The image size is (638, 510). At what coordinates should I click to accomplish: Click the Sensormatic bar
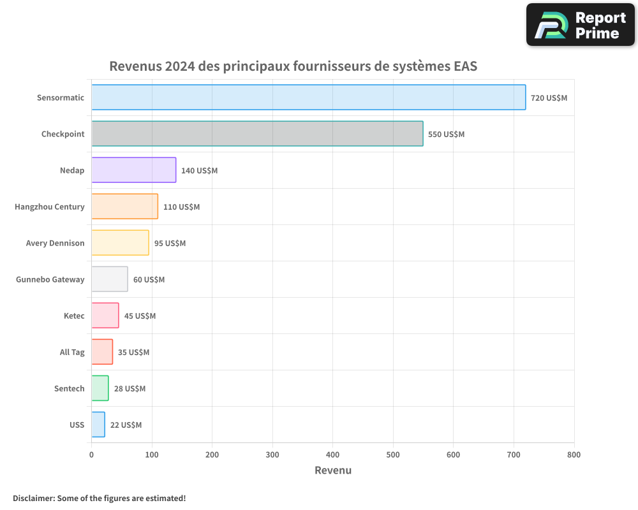click(308, 98)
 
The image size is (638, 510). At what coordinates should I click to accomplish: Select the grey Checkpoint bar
click(257, 134)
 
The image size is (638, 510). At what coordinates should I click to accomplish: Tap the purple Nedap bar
click(133, 170)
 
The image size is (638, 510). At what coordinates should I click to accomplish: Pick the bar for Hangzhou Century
click(124, 207)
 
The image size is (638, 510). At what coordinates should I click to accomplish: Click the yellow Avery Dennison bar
click(120, 243)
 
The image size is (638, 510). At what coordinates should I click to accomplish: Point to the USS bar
click(98, 425)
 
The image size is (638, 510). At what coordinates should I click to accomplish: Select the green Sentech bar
click(100, 388)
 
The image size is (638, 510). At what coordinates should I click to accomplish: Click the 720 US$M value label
click(549, 98)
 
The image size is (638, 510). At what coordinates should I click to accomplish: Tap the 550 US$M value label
click(446, 135)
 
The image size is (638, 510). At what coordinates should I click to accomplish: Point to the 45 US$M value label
click(140, 316)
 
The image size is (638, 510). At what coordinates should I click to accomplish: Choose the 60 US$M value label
click(149, 280)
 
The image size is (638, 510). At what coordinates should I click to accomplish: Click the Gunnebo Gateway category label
click(50, 279)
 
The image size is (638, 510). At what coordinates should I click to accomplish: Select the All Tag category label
click(72, 352)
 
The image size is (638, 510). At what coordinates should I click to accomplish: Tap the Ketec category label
click(74, 316)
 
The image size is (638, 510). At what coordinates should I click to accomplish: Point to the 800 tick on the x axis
click(574, 455)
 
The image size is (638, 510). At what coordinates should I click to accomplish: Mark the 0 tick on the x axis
click(91, 455)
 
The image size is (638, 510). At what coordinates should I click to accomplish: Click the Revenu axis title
click(332, 470)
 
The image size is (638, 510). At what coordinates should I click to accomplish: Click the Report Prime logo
click(580, 25)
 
